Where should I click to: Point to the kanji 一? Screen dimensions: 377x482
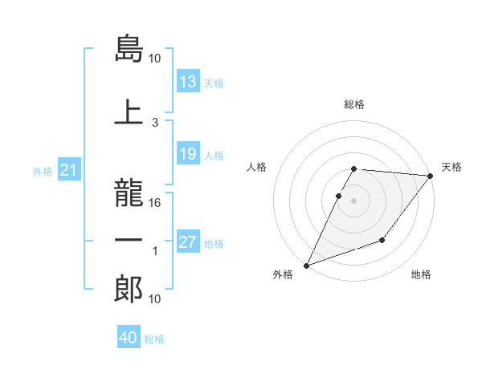[x=129, y=241]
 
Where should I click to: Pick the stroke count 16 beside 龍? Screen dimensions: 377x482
[x=156, y=203]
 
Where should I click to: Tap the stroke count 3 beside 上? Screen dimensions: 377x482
[x=155, y=122]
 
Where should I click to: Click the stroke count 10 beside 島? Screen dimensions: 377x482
[x=155, y=59]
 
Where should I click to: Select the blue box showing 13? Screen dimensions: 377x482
[x=188, y=82]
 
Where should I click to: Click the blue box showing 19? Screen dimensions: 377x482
[x=188, y=154]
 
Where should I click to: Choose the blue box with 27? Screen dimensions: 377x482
[x=188, y=242]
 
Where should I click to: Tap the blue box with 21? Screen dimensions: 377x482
[x=69, y=171]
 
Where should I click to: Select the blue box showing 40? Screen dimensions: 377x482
[x=129, y=338]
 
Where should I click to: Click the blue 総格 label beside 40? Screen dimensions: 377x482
[x=154, y=339]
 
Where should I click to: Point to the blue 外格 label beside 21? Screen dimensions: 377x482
[x=43, y=172]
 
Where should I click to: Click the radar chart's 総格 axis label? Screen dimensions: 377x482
[x=354, y=104]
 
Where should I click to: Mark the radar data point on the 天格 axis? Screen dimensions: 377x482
[x=431, y=176]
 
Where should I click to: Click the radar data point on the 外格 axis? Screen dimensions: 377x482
[x=306, y=266]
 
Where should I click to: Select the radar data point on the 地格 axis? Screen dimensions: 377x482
[x=382, y=240]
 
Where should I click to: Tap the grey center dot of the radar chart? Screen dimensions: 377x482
[x=354, y=201]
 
